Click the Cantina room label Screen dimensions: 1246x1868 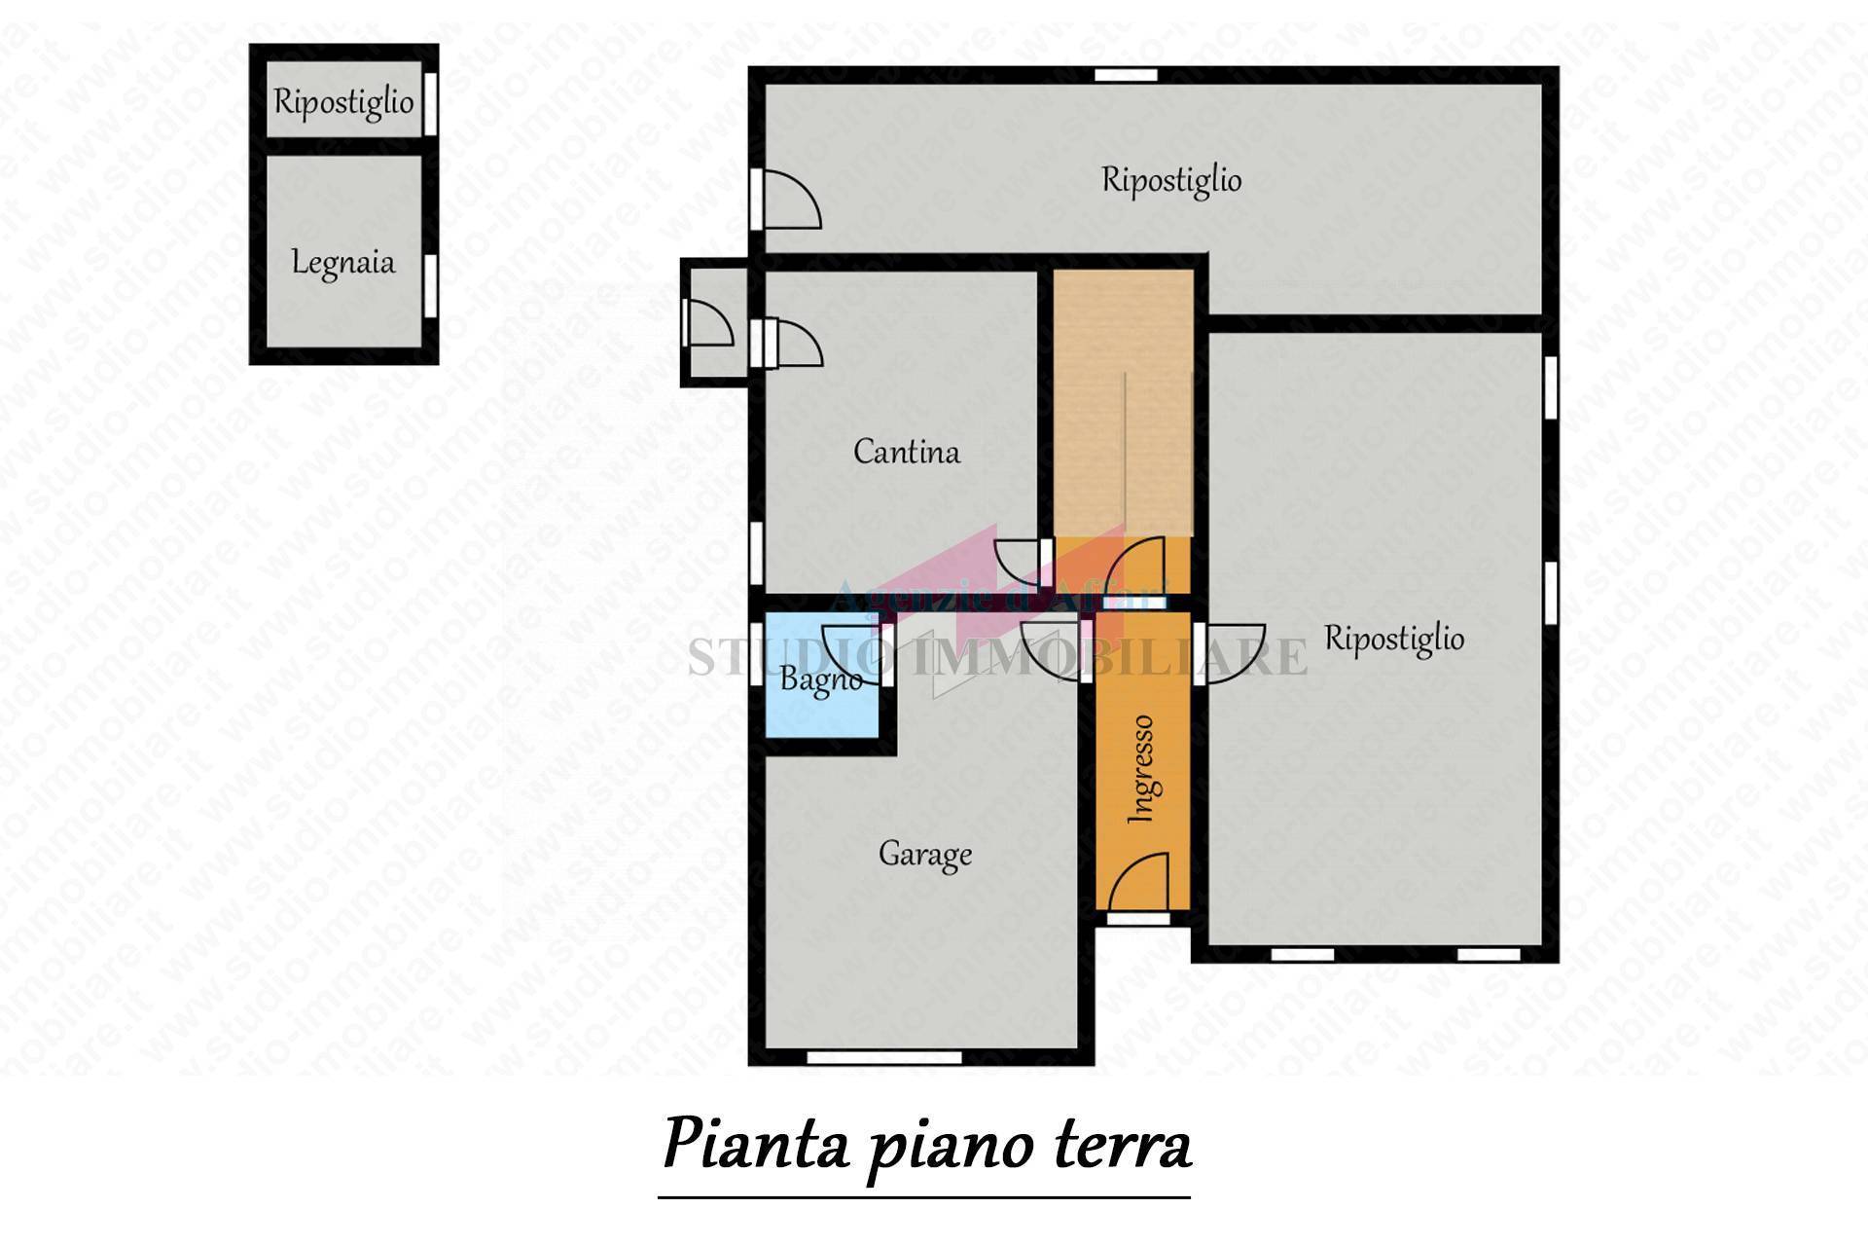pyautogui.click(x=906, y=452)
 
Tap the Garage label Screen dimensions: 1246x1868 pyautogui.click(x=924, y=855)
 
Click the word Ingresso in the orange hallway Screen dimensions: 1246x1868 pyautogui.click(x=1143, y=769)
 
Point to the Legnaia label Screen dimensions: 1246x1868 pyautogui.click(x=343, y=263)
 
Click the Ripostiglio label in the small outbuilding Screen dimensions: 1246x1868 pyautogui.click(x=343, y=101)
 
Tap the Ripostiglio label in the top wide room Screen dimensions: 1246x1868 pyautogui.click(x=1171, y=180)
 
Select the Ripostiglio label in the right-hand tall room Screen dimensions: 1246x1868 pyautogui.click(x=1394, y=640)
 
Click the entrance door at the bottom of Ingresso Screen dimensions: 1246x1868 pyautogui.click(x=1139, y=884)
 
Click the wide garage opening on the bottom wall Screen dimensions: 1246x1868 pyautogui.click(x=884, y=1057)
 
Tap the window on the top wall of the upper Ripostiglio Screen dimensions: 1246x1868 pyautogui.click(x=1126, y=75)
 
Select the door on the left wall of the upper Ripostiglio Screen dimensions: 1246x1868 pyautogui.click(x=788, y=200)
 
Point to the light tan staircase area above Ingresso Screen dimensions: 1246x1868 pyautogui.click(x=1124, y=399)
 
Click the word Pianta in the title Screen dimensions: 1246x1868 pyautogui.click(x=755, y=1146)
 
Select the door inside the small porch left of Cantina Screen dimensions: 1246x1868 pyautogui.click(x=707, y=323)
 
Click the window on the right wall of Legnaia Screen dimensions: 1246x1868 pyautogui.click(x=430, y=285)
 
